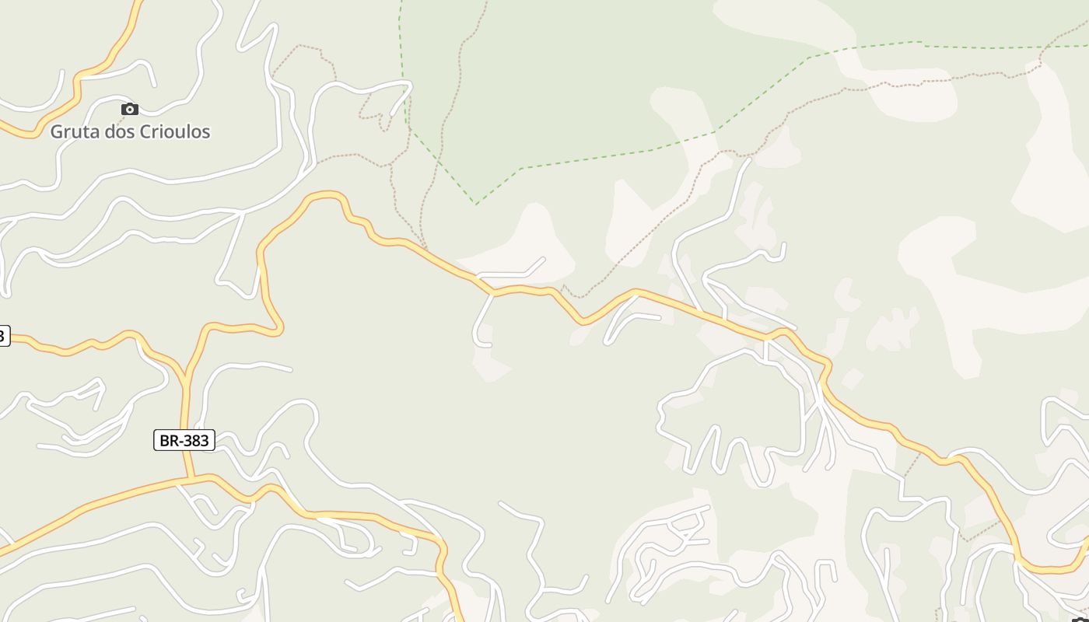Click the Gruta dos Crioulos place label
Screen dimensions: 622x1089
[130, 131]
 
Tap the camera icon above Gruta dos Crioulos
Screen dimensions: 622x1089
[130, 109]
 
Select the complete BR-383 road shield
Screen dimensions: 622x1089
[184, 440]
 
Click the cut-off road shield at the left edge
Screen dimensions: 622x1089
[3, 335]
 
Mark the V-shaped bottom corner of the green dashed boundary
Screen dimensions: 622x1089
[476, 204]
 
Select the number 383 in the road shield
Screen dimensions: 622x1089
[195, 440]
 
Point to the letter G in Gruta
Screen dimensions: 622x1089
[57, 131]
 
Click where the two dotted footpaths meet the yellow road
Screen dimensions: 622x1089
[425, 250]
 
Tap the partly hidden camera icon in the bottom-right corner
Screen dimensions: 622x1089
[1081, 619]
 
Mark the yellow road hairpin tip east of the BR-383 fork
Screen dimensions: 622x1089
[279, 330]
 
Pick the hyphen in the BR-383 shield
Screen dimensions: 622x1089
[180, 441]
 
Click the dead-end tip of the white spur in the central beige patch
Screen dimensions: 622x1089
[542, 260]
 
